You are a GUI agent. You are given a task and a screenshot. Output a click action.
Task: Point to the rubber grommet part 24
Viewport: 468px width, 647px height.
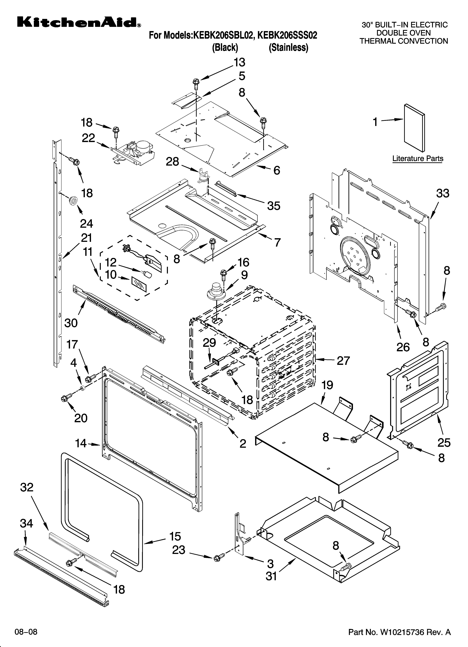click(73, 201)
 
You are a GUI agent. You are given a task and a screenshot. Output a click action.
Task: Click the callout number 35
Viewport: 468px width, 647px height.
click(274, 206)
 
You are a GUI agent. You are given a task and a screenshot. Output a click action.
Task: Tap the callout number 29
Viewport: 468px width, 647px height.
click(210, 343)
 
